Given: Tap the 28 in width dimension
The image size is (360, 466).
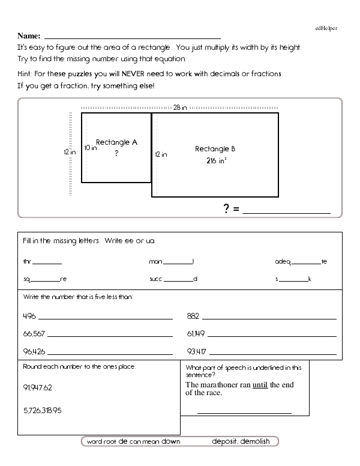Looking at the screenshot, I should tap(179, 107).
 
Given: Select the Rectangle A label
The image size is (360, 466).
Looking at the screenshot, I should tap(117, 143).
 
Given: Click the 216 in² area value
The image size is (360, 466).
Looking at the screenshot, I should tap(215, 161).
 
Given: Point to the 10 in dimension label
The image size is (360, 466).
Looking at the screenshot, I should tap(91, 147).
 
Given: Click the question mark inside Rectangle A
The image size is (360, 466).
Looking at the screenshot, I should tap(116, 154).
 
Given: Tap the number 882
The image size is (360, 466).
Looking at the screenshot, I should tap(193, 315).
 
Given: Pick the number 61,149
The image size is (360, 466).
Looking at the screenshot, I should tap(196, 333).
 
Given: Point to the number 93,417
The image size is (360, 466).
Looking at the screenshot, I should tap(196, 351).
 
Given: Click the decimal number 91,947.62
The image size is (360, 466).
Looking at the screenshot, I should tap(38, 387).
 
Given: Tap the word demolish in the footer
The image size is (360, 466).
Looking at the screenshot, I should tap(255, 441).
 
